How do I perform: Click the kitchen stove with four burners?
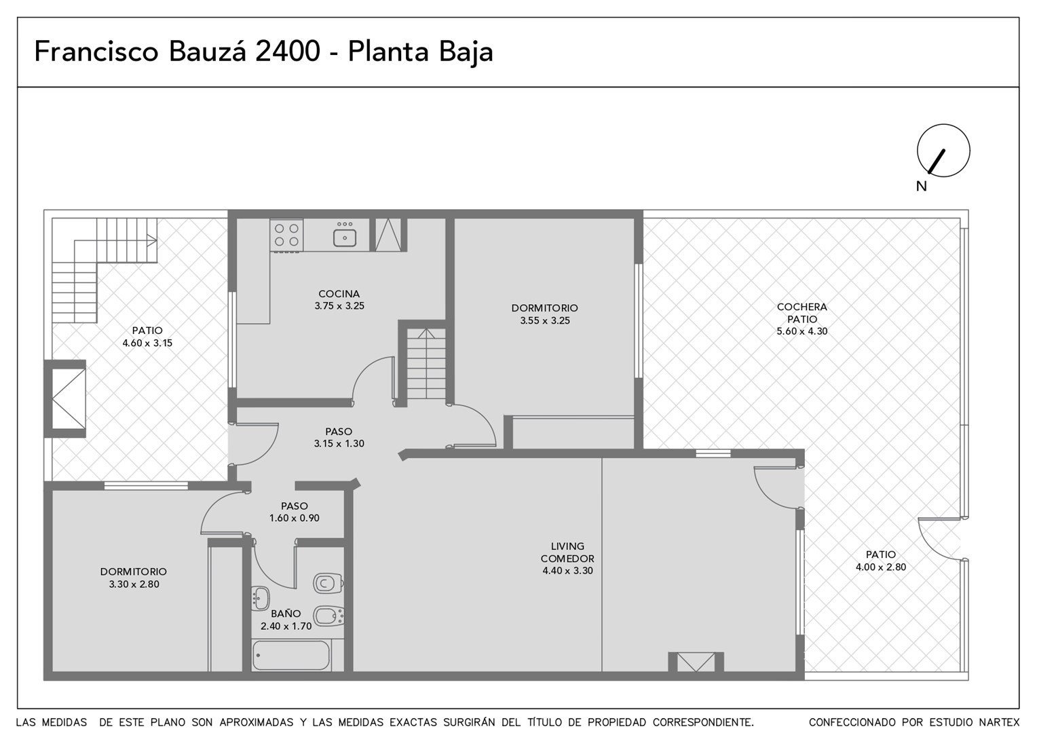coord(286,236)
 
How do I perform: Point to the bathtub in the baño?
coord(290,655)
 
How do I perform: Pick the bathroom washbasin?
coord(261,599)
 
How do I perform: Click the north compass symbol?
coord(943,151)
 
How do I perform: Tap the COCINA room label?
coord(339,294)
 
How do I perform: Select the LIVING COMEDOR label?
coord(567,552)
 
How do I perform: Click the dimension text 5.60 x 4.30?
coord(802,331)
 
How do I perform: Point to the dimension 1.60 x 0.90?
coord(295,518)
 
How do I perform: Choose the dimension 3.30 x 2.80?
coord(134,584)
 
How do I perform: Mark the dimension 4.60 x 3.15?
coord(147,343)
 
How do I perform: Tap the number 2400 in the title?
coord(288,51)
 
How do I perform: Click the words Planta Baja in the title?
coord(420,52)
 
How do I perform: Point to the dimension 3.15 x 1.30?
coord(339,444)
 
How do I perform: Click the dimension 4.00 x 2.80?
coord(880,567)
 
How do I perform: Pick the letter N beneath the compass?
coord(921,186)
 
